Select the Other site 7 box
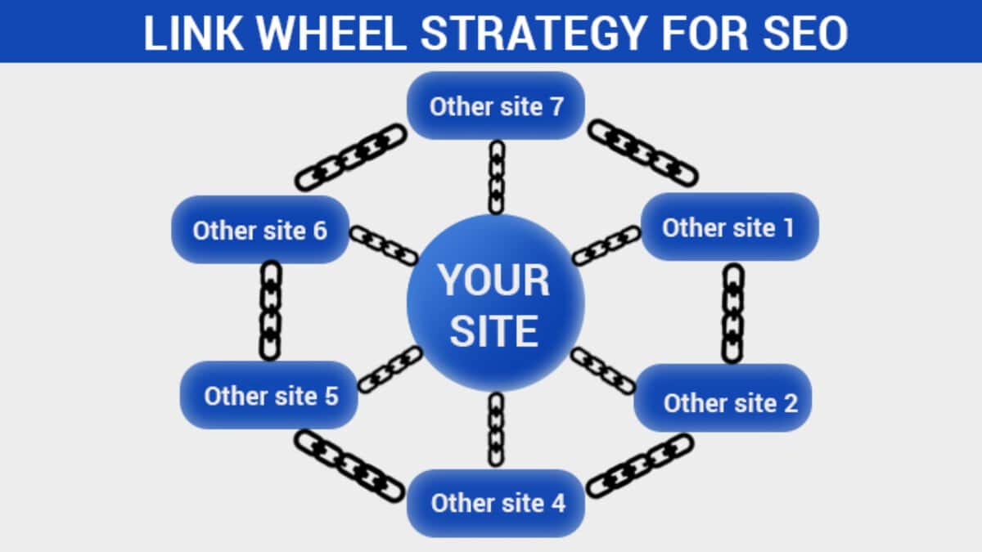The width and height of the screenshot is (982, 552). [x=496, y=105]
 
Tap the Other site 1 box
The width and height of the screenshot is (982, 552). [x=728, y=227]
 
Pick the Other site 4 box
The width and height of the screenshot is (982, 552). [x=498, y=502]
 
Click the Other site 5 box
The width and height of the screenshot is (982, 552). [x=269, y=396]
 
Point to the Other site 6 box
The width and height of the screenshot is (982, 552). [x=260, y=230]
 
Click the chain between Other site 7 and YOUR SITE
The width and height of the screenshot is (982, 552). [x=497, y=177]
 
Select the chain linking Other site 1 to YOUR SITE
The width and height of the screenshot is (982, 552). [x=606, y=245]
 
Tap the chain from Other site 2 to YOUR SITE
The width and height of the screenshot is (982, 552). [x=603, y=371]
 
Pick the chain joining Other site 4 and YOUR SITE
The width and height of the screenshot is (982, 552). [x=496, y=429]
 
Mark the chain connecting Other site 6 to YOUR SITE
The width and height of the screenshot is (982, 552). [x=384, y=245]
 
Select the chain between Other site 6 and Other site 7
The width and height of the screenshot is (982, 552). [x=351, y=157]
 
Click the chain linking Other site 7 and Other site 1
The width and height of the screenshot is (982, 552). [x=643, y=153]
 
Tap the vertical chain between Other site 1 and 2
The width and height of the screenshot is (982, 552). [x=733, y=312]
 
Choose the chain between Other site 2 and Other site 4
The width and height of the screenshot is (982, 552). [x=640, y=465]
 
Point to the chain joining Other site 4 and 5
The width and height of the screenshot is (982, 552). [x=349, y=466]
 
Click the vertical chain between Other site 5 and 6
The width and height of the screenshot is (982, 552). [x=270, y=311]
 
